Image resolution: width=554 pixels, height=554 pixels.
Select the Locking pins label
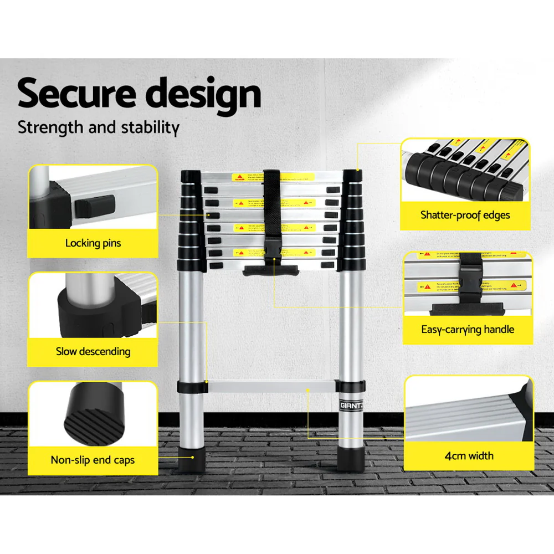coord(93,243)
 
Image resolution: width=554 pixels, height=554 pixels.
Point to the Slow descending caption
coord(93,351)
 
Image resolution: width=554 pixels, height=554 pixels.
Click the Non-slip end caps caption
coord(93,460)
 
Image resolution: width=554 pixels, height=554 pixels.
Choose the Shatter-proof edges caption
coord(465,215)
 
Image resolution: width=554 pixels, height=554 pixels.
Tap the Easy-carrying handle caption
coord(468,330)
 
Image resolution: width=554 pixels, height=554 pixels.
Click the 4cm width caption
coord(469,456)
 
